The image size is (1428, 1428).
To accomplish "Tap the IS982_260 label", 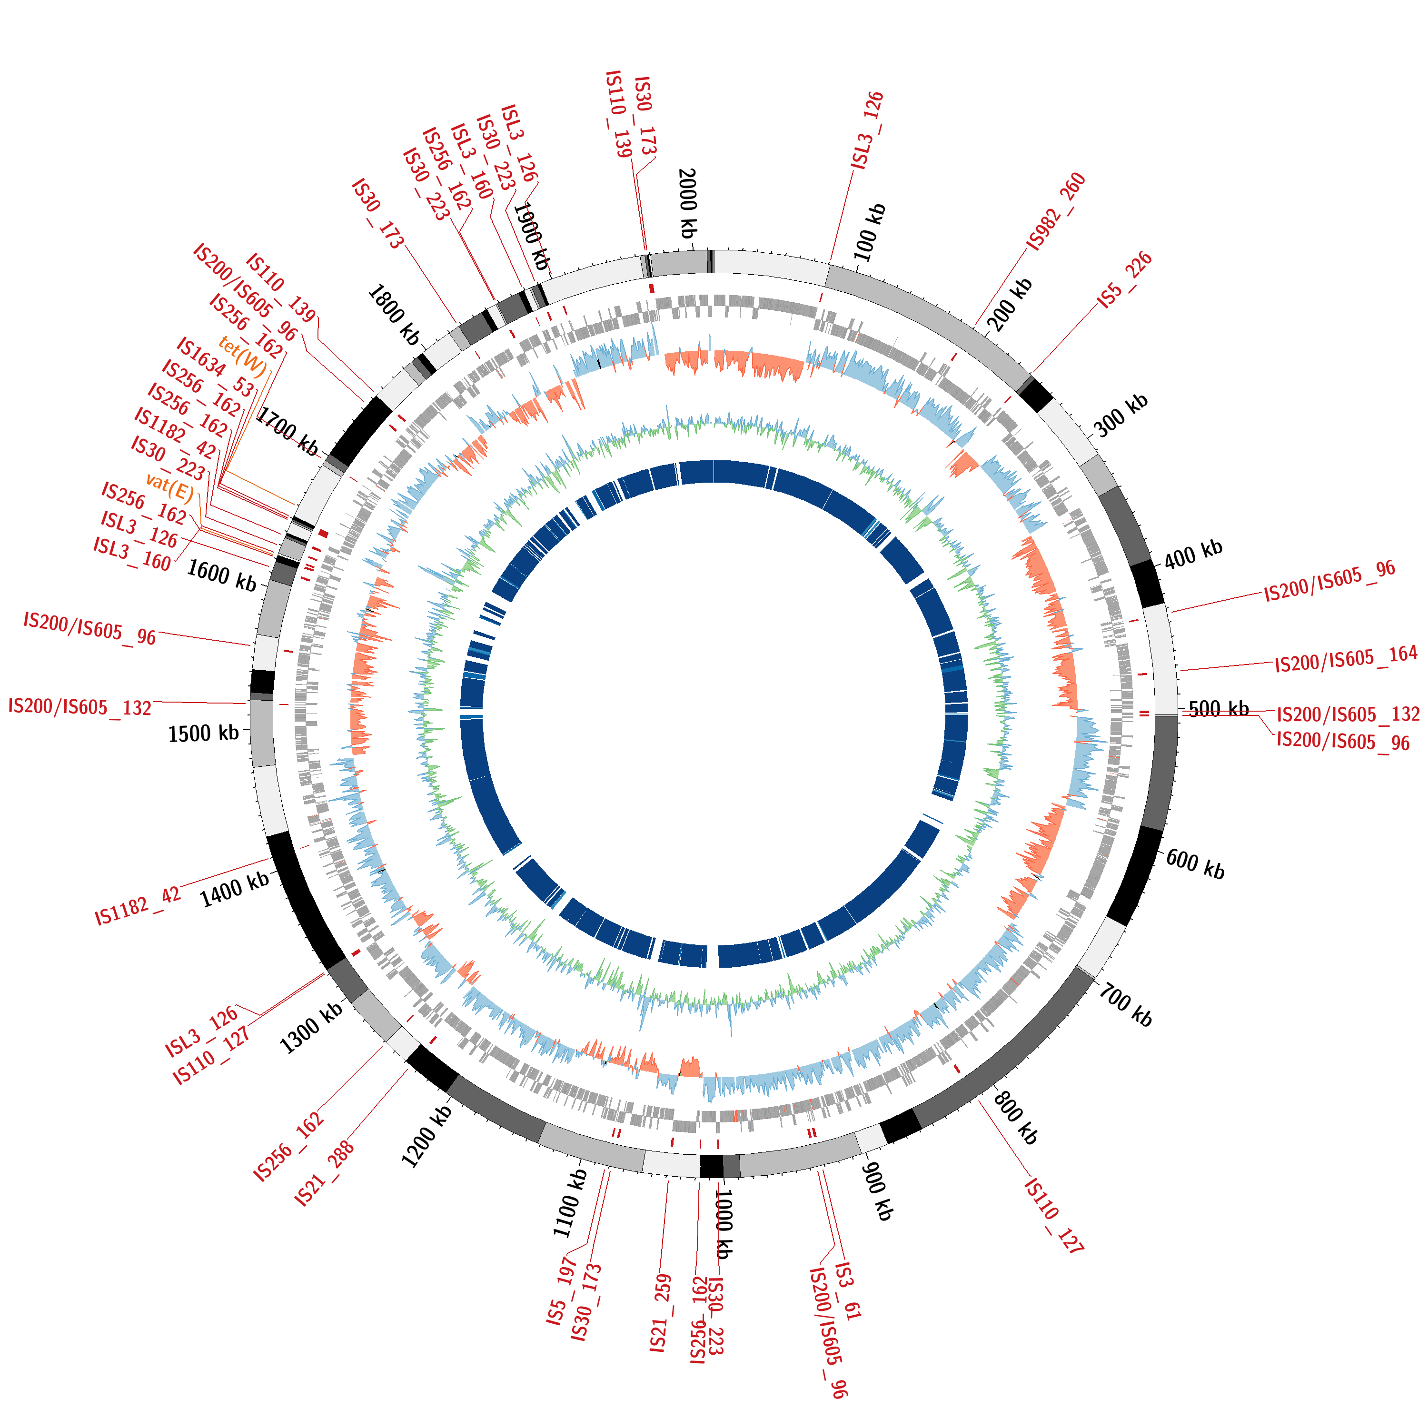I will coord(1056,211).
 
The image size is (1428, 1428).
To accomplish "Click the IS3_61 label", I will coord(848,1301).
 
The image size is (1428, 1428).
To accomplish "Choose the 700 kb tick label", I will coord(1125,1005).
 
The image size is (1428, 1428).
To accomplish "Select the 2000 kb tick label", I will coord(687,203).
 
